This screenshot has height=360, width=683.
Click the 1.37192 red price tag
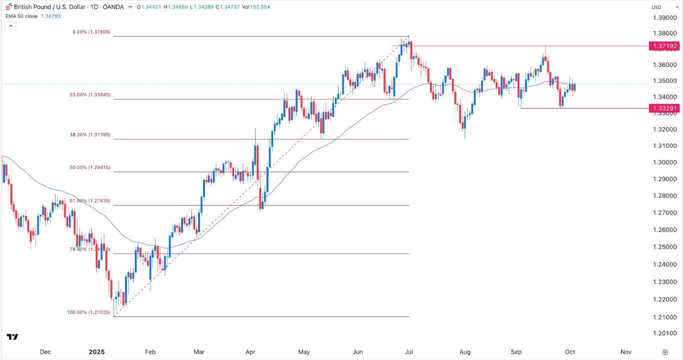click(x=664, y=46)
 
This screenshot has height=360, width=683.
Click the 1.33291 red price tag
click(x=664, y=108)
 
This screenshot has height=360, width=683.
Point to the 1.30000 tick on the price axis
click(x=664, y=162)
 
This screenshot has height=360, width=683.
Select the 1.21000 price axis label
click(x=664, y=317)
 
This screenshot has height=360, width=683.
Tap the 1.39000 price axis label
click(x=664, y=18)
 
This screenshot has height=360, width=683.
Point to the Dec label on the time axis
click(x=45, y=351)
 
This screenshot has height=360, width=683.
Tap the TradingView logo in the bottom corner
click(x=12, y=337)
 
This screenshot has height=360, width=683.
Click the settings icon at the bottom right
click(x=664, y=351)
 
